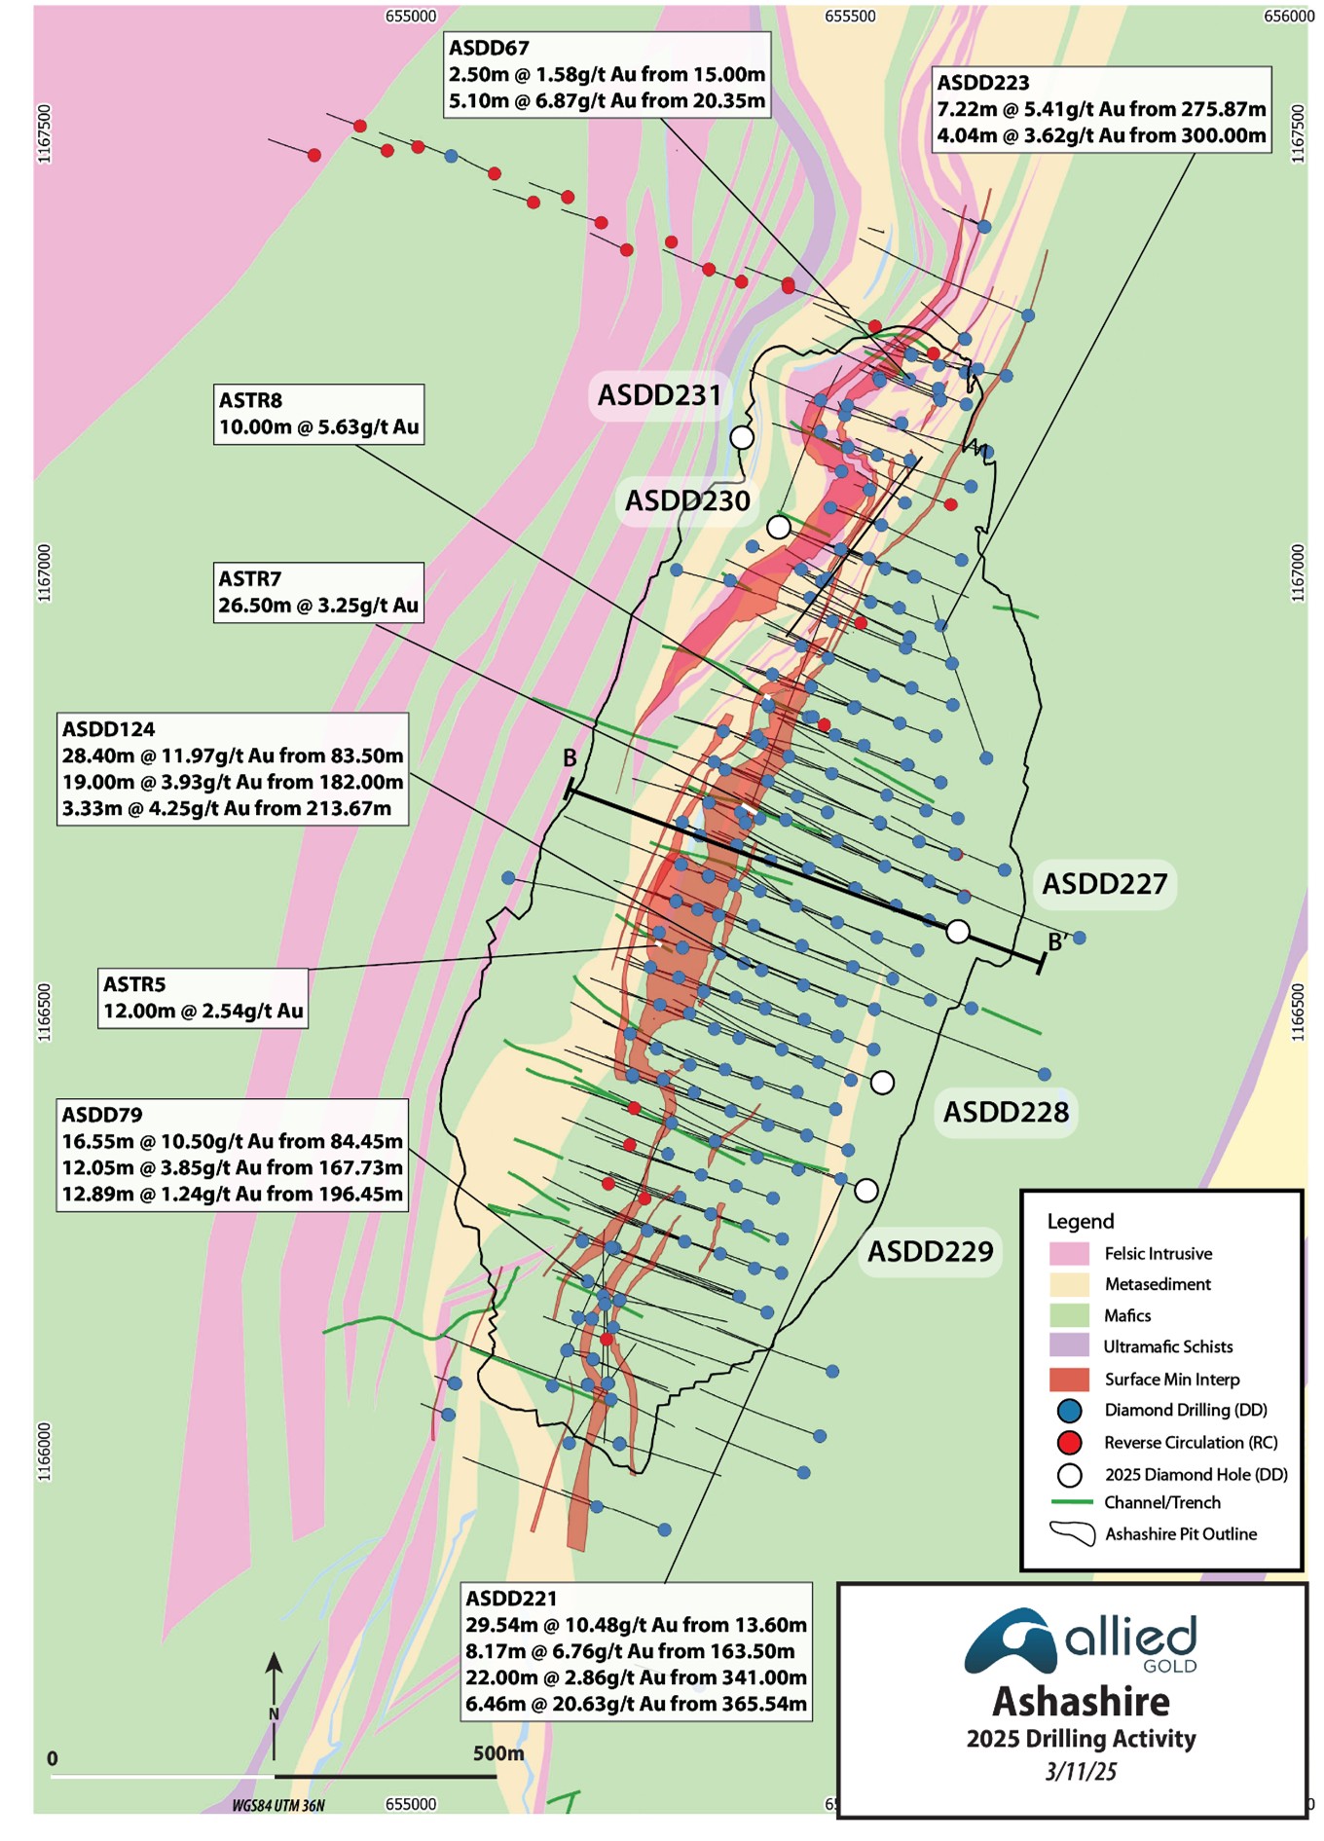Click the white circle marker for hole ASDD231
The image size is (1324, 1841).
click(742, 437)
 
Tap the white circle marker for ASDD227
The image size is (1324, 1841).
click(958, 932)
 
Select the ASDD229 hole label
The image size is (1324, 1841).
click(930, 1251)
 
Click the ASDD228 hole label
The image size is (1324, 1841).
click(1006, 1112)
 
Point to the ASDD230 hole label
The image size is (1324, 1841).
click(687, 501)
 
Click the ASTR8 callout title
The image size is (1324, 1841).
click(250, 400)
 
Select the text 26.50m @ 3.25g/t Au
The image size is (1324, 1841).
click(318, 606)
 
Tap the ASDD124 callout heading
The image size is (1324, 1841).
click(108, 729)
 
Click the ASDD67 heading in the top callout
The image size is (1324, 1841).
click(489, 48)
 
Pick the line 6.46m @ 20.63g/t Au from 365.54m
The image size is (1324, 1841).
click(636, 1704)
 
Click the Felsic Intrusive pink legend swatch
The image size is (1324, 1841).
click(1069, 1253)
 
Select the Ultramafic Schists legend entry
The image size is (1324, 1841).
click(1167, 1346)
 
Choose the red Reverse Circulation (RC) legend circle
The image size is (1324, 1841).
click(1070, 1442)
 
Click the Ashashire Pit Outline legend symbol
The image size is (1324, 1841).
click(1071, 1533)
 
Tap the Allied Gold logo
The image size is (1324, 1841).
click(1081, 1644)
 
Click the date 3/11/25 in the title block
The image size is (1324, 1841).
click(1081, 1771)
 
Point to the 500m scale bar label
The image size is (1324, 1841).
click(498, 1753)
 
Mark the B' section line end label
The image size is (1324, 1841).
click(1057, 941)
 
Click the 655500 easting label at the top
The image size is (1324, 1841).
click(850, 17)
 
